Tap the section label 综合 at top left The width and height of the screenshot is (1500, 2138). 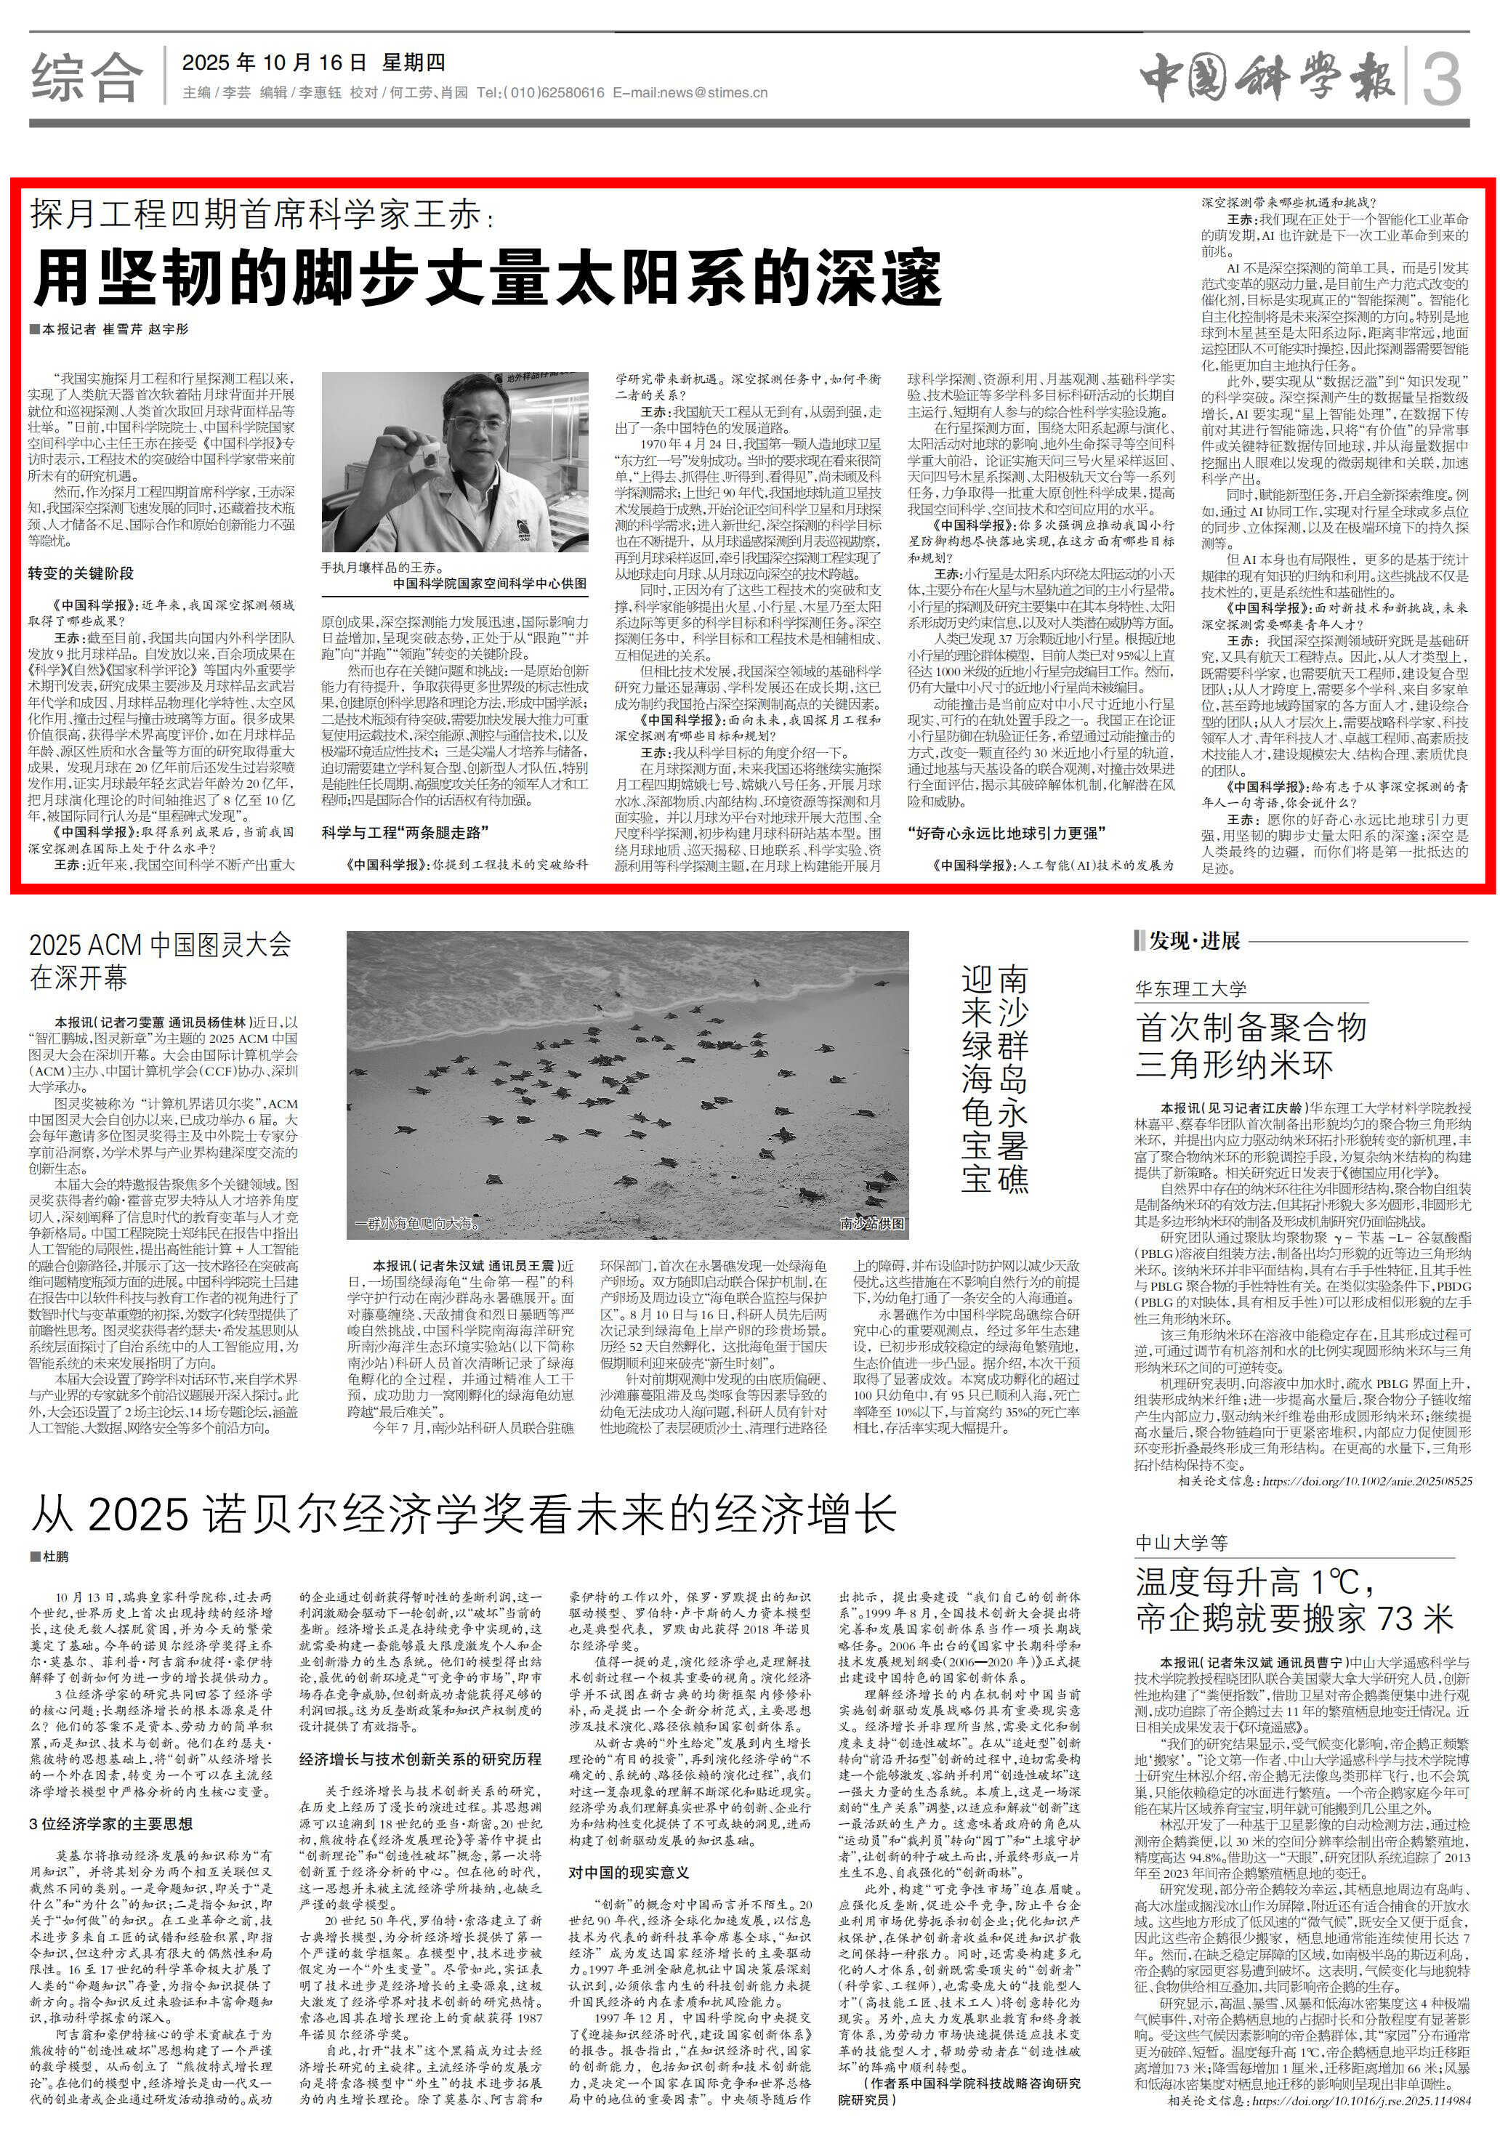click(86, 77)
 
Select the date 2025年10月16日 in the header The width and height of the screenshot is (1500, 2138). click(275, 63)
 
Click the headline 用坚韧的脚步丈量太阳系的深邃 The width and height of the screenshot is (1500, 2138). click(487, 277)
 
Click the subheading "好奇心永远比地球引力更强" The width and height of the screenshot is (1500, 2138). click(1007, 831)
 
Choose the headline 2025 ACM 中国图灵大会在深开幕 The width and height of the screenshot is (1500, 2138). click(160, 960)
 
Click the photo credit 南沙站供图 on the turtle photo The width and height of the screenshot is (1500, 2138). click(871, 1222)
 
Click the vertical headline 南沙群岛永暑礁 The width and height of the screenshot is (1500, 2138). click(1013, 1079)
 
